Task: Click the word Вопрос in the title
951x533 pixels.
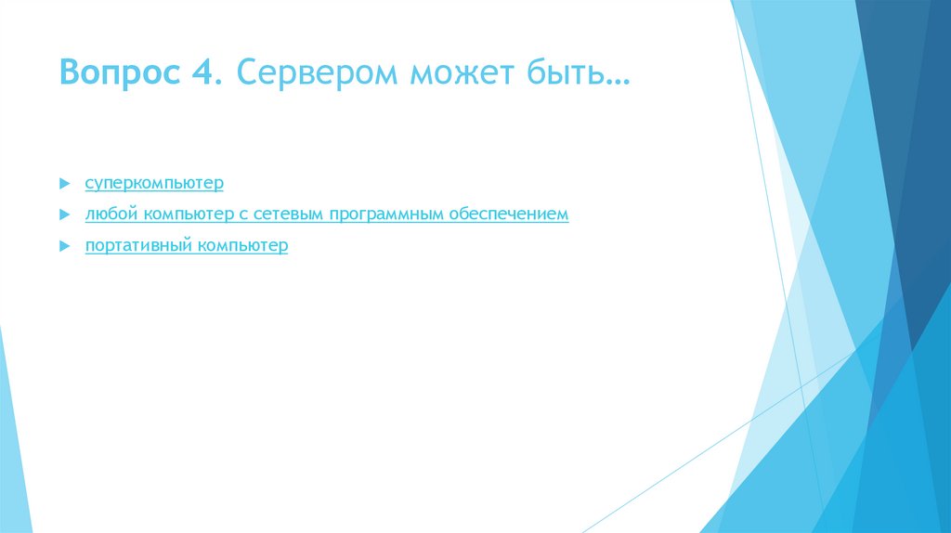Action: (123, 71)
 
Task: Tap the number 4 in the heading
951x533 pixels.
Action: (202, 71)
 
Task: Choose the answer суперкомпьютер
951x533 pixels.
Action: (154, 183)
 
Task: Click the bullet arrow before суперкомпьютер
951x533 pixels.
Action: (63, 183)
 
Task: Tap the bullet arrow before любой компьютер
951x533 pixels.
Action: (63, 214)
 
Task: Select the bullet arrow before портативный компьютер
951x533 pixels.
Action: (63, 246)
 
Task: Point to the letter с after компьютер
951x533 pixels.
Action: (241, 215)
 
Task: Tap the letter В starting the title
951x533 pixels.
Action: (69, 71)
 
